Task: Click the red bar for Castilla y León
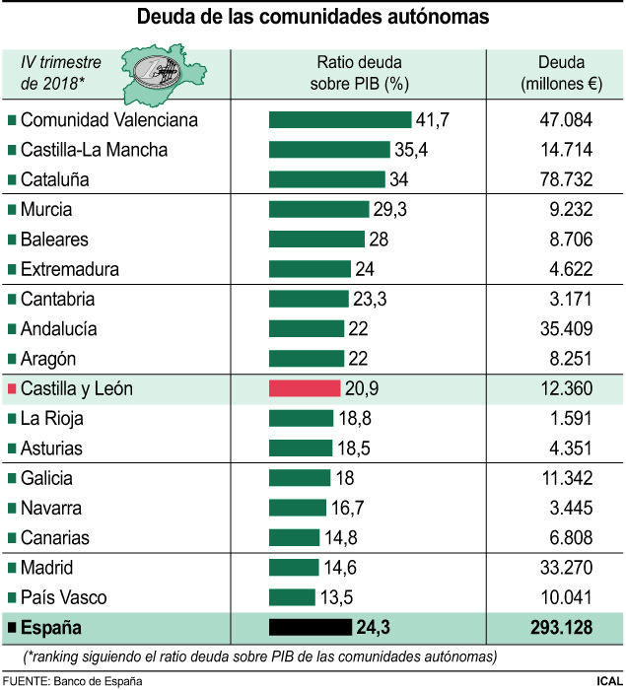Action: point(305,388)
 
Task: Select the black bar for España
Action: point(310,627)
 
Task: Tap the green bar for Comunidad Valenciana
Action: point(339,119)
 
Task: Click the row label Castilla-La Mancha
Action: point(94,150)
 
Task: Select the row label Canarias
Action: point(68,537)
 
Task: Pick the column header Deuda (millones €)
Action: point(557,73)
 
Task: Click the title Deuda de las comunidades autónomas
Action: point(313,17)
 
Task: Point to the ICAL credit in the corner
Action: point(607,680)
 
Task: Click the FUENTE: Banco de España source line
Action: point(73,680)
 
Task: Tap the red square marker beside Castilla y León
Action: point(12,389)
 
